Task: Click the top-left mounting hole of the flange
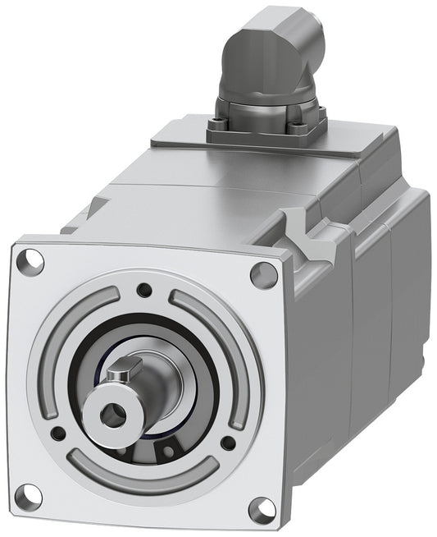coord(34,261)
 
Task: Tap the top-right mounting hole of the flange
coord(263,275)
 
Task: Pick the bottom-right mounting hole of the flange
coord(261,510)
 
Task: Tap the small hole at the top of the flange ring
coord(144,289)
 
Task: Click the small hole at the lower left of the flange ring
coord(57,433)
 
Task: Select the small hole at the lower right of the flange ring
coord(228,443)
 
